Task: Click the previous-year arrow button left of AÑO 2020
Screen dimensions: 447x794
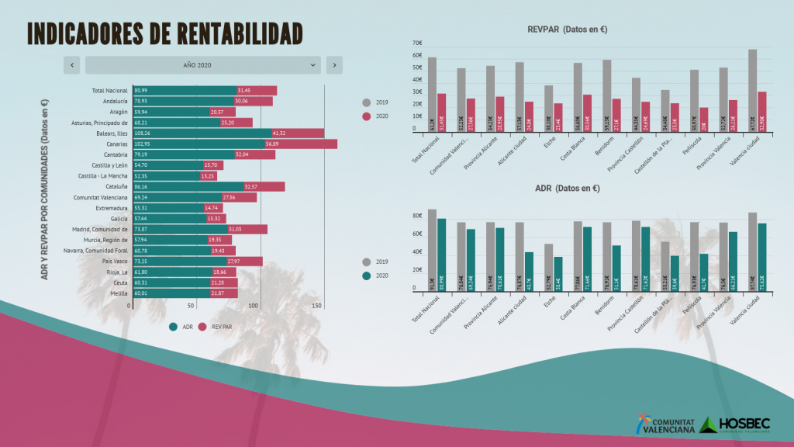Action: tap(72, 65)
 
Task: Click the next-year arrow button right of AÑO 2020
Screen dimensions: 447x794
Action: tap(334, 65)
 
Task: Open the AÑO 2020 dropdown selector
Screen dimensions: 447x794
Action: tap(202, 65)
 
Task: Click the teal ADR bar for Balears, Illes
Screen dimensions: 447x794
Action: tap(202, 133)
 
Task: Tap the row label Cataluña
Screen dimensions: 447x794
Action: tap(117, 187)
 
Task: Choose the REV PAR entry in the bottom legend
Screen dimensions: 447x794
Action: tap(217, 327)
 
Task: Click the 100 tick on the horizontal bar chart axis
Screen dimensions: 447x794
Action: tap(254, 307)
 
